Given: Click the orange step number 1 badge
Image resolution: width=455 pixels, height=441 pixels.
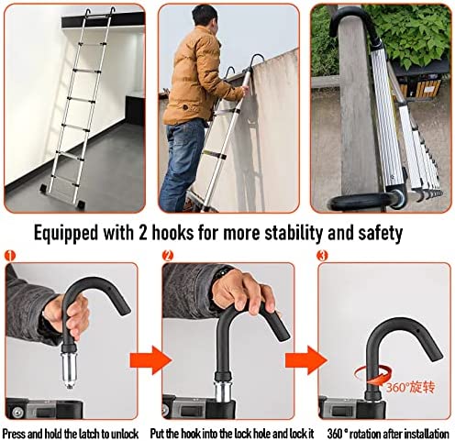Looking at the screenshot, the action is pos(10,256).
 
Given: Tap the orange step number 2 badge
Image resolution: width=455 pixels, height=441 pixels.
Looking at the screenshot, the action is pos(168,256).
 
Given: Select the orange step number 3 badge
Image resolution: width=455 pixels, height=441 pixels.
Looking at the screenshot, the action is pos(322,256).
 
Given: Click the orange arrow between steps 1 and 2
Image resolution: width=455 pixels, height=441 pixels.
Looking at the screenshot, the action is pos(150,359).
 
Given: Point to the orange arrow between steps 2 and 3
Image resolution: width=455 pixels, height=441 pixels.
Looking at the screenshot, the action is pos(306,359).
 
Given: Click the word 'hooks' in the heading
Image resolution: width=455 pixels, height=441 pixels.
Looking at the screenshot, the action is pos(172,233).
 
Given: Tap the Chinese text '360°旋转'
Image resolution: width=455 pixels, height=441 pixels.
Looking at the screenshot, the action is pos(410,388).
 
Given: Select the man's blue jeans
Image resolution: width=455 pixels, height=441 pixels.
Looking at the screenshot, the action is pos(183,163).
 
